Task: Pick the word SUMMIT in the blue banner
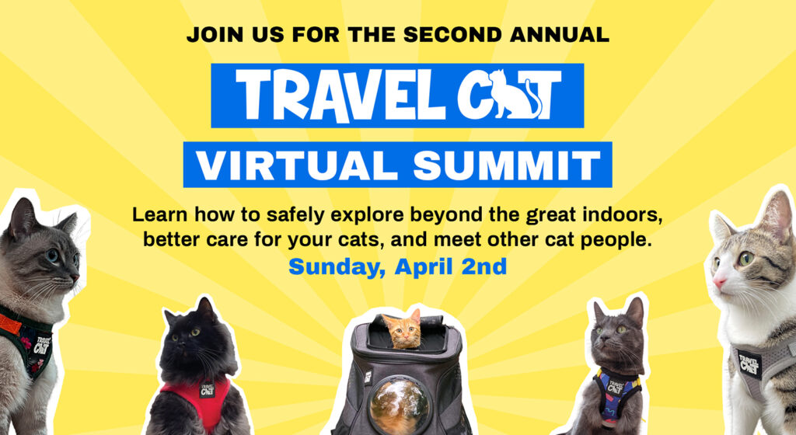coord(508,165)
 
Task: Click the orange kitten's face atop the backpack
coord(404,332)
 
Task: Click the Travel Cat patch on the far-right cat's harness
coord(749,362)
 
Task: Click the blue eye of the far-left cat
coord(52,256)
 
